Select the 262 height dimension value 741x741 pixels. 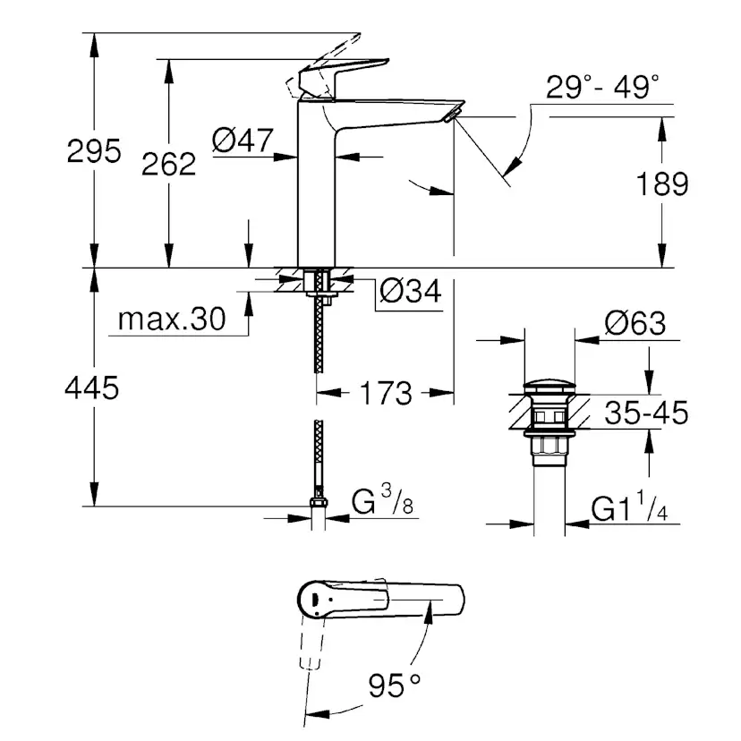click(x=169, y=163)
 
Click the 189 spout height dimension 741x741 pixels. click(x=662, y=184)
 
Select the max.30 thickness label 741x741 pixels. click(x=171, y=319)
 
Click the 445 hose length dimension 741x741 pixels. click(x=93, y=388)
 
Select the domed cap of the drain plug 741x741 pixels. click(x=547, y=389)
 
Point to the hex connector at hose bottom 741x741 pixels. click(x=319, y=503)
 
